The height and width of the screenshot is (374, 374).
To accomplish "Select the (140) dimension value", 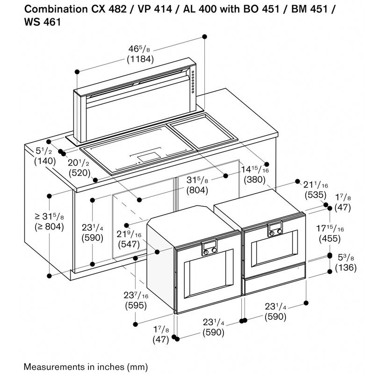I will pyautogui.click(x=45, y=161).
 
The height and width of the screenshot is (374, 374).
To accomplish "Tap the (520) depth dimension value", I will pyautogui.click(x=80, y=173).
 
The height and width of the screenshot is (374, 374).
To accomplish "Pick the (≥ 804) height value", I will pyautogui.click(x=49, y=227).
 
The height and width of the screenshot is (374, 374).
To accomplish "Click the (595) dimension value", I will pyautogui.click(x=136, y=306).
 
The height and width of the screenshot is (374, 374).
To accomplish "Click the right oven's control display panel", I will pyautogui.click(x=275, y=229).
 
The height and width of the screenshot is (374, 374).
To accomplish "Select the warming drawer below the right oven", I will pyautogui.click(x=274, y=283).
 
